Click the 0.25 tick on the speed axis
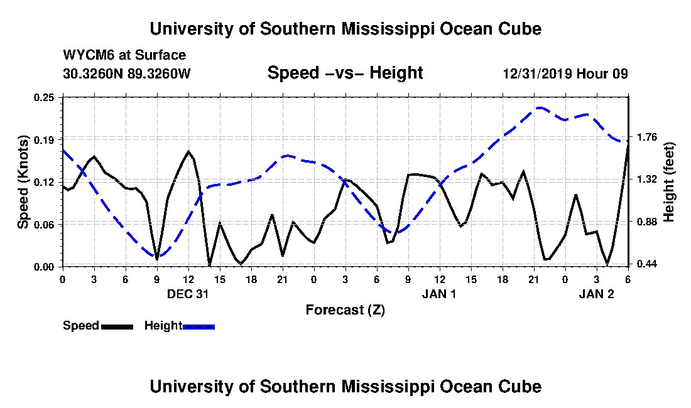tap(43, 97)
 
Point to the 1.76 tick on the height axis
tap(647, 137)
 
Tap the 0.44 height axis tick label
tap(647, 264)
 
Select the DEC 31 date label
tap(188, 294)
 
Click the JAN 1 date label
tap(439, 294)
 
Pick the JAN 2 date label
tap(596, 294)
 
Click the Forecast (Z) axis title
tap(345, 310)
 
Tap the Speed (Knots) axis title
tap(23, 182)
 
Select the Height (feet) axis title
tap(668, 182)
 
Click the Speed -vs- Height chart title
tap(345, 73)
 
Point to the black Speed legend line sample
tap(117, 326)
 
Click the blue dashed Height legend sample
tap(199, 326)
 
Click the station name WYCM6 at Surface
tap(125, 55)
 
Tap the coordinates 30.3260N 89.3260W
tap(127, 73)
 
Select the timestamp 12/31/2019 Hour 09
tap(565, 73)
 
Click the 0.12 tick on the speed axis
tap(43, 182)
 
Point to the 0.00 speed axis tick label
tap(43, 267)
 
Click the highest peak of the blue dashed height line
tap(540, 107)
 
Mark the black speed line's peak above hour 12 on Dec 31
tap(188, 151)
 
